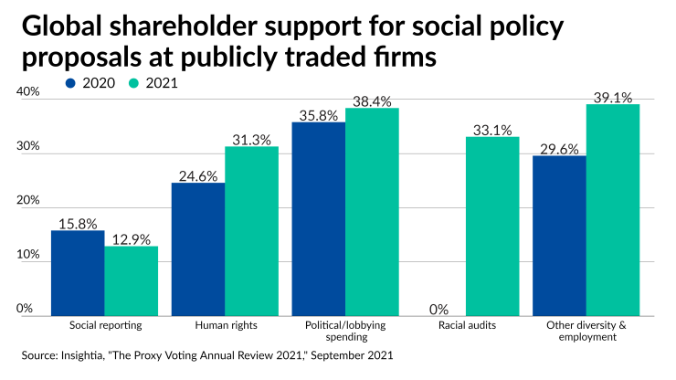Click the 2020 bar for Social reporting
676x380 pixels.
coord(77,272)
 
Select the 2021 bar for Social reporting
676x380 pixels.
coord(131,280)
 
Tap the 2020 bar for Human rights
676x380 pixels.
coord(197,248)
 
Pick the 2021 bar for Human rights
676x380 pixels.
coord(251,230)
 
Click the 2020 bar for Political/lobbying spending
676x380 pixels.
coord(318,218)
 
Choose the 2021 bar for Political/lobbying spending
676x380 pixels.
coord(372,211)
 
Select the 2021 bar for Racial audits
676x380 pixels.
coord(492,226)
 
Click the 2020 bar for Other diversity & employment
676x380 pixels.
coord(559,235)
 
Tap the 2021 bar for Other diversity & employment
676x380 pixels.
coord(613,209)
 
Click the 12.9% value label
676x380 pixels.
coord(131,238)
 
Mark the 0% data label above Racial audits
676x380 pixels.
coord(439,308)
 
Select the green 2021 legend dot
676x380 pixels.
coord(133,82)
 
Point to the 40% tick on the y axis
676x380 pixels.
coord(27,92)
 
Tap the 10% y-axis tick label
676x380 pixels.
coord(27,255)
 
